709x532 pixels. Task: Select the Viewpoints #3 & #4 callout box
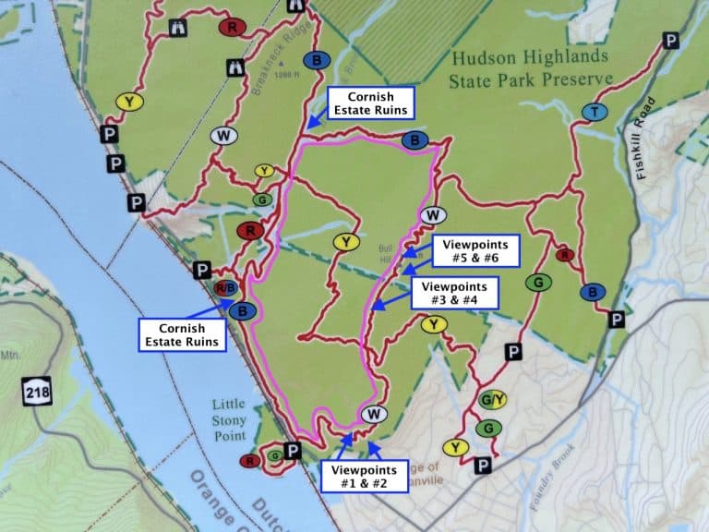tap(454, 293)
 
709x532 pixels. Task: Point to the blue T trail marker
tap(595, 112)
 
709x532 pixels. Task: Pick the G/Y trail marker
tap(493, 400)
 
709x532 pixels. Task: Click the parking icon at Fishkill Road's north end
tap(670, 41)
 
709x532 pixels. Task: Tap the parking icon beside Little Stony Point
tap(293, 451)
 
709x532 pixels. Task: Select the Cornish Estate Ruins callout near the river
tap(182, 334)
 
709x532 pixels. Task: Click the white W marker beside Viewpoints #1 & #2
tap(374, 414)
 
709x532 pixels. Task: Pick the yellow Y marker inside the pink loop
tap(344, 242)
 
